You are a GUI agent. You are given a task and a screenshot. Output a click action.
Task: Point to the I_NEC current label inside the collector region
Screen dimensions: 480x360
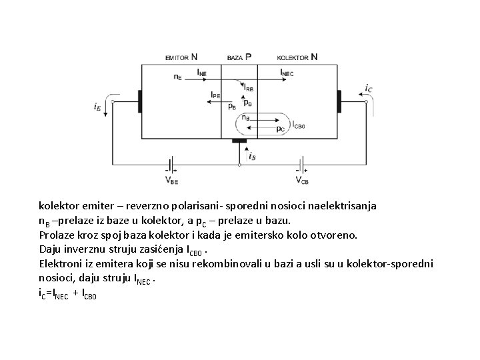click(x=287, y=71)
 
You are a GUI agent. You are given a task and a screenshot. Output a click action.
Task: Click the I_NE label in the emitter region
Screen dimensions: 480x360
click(x=202, y=71)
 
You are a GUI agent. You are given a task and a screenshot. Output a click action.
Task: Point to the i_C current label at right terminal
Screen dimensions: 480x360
click(x=369, y=88)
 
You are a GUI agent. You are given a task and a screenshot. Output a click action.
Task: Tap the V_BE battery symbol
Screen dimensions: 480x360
click(x=171, y=165)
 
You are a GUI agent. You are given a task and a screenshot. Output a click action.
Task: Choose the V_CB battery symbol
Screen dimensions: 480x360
click(x=301, y=165)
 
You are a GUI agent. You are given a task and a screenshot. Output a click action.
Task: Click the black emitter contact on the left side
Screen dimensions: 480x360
click(x=140, y=101)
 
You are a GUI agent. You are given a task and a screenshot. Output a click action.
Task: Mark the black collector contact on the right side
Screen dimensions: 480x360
click(x=339, y=101)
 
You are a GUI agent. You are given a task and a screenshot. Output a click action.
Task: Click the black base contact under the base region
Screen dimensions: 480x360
click(x=239, y=141)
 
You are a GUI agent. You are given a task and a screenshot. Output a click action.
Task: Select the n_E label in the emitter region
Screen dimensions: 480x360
click(x=177, y=77)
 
